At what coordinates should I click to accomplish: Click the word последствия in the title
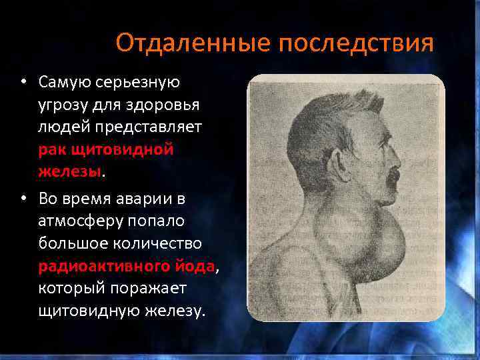click(357, 43)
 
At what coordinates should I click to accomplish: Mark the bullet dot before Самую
click(23, 83)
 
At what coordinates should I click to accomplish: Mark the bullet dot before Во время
click(23, 199)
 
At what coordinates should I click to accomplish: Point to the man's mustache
click(392, 175)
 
